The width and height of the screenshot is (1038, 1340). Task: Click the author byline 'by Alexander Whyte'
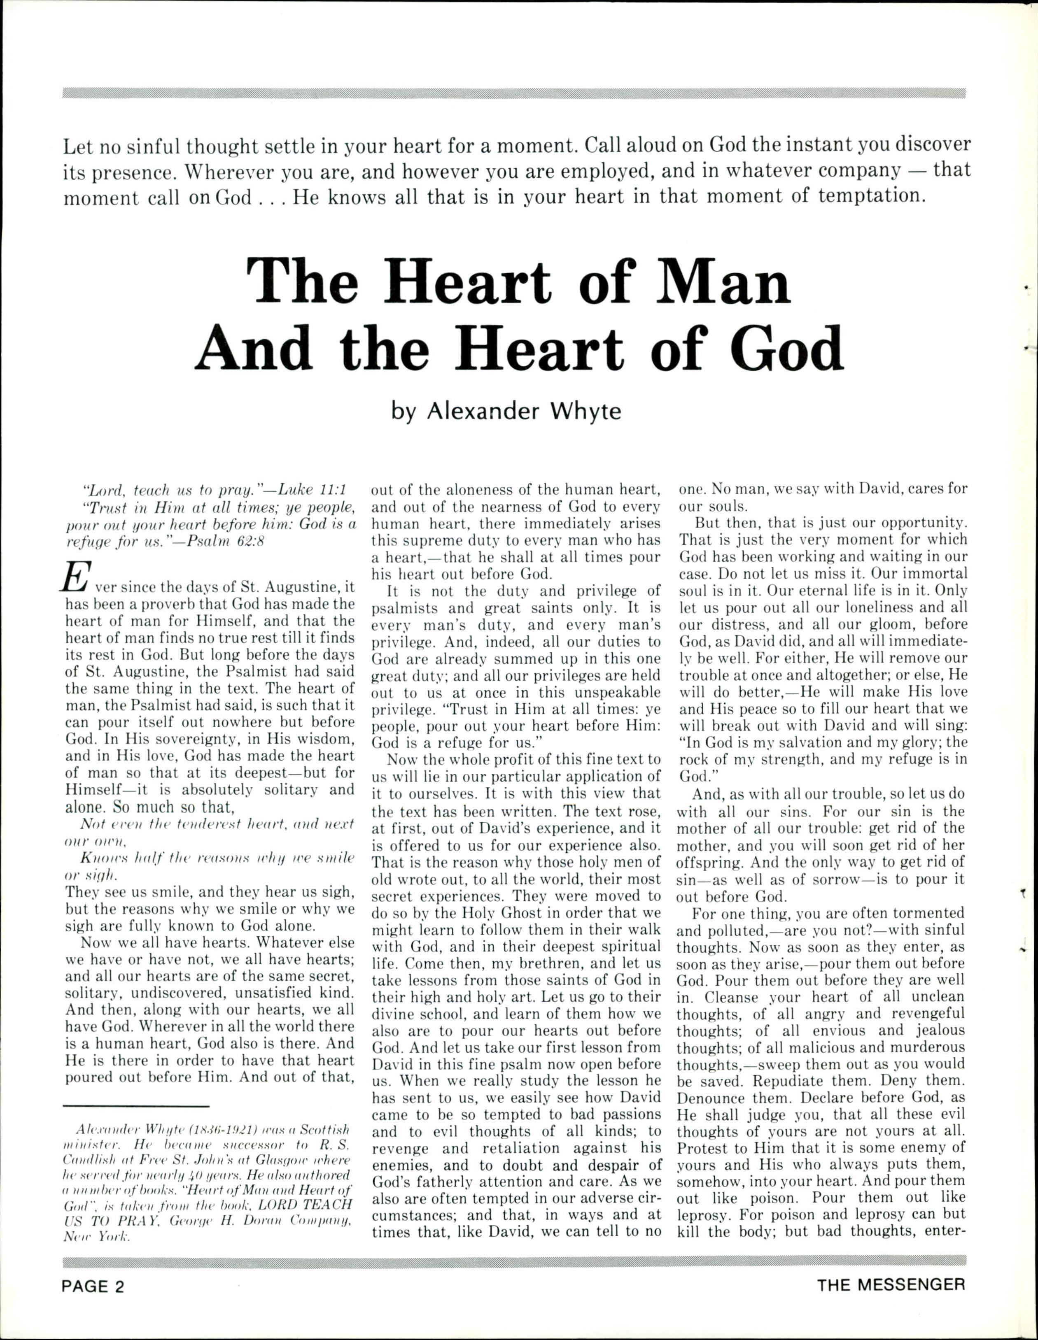point(506,410)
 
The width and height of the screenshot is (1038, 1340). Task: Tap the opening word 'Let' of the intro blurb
point(79,146)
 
